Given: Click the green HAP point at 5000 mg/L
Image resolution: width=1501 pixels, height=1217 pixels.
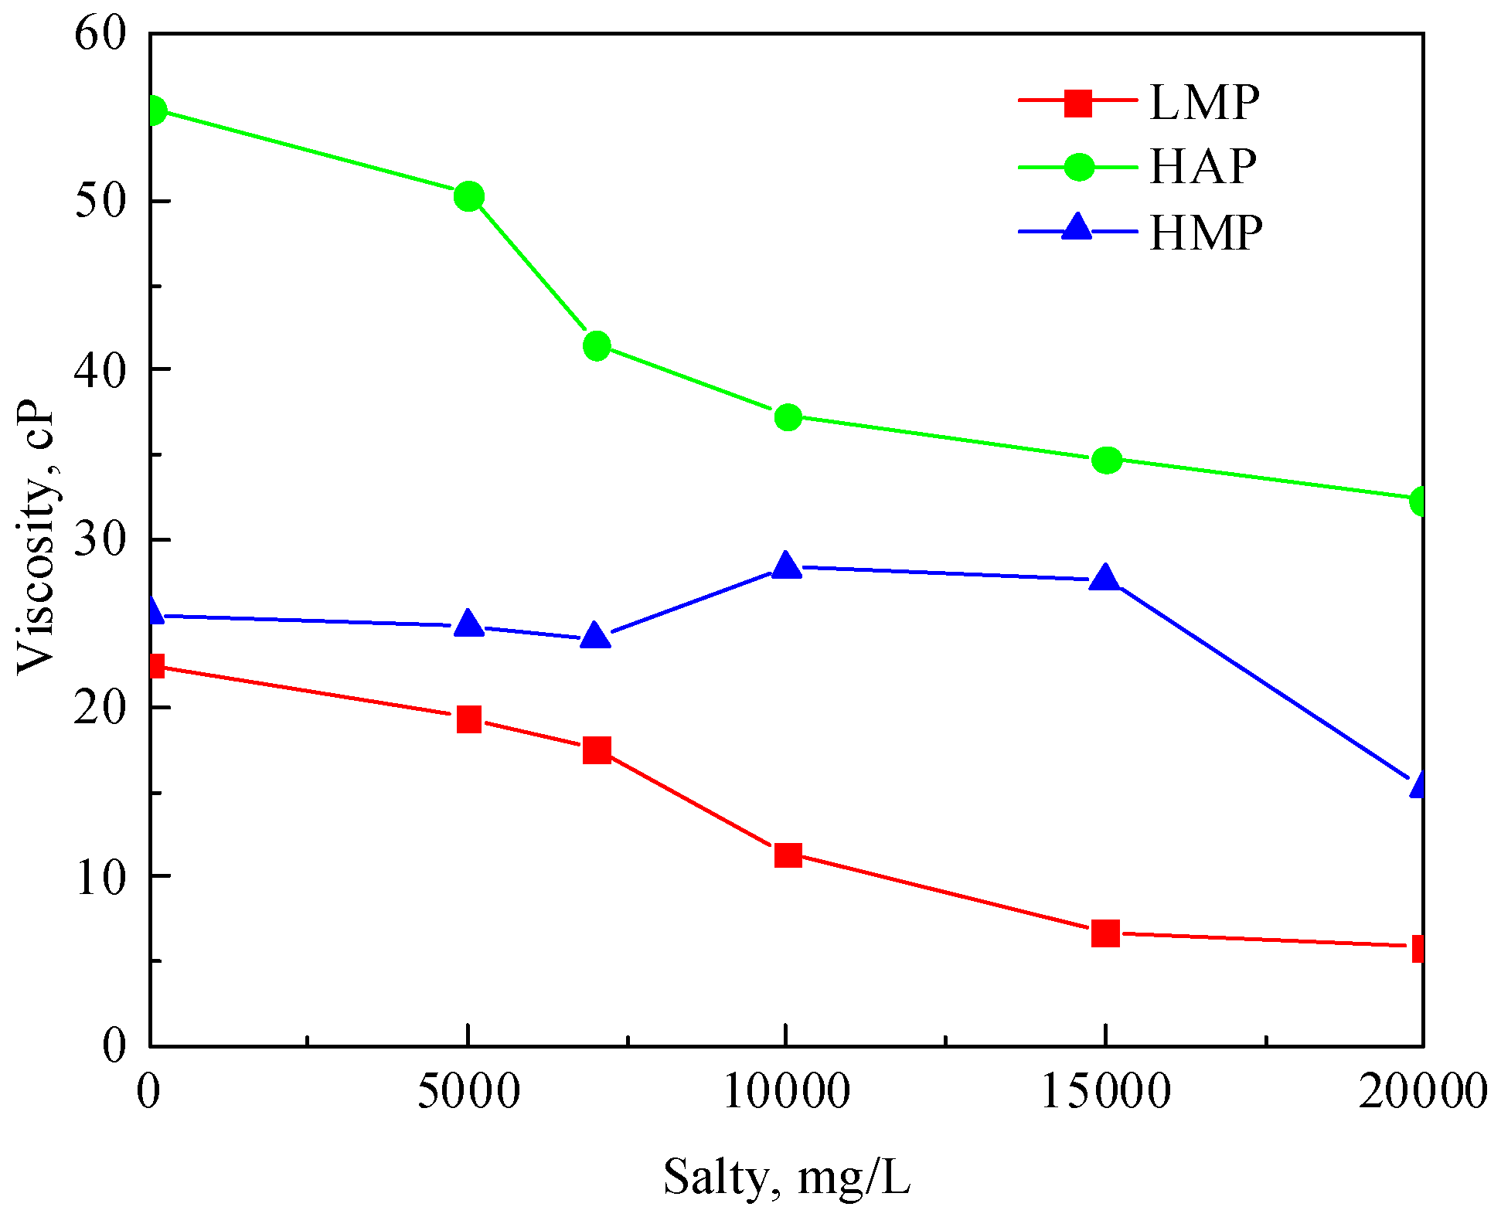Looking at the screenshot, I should click(468, 196).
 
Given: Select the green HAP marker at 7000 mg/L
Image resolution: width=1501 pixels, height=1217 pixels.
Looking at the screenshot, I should click(596, 345).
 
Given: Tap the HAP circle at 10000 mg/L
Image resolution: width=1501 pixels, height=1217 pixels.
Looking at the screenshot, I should click(787, 417).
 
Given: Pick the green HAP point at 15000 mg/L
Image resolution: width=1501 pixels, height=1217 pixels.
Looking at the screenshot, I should click(1106, 461).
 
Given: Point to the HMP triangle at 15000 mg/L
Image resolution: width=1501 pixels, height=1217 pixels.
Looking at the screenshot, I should click(1105, 578).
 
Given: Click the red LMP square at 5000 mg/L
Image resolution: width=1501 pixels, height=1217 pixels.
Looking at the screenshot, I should click(468, 719).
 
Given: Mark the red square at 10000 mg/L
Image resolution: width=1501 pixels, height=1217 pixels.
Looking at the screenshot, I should click(787, 855).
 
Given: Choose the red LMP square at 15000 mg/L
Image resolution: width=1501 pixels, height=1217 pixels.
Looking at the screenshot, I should click(1105, 933).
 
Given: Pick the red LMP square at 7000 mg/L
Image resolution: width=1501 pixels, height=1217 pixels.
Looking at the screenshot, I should click(596, 750).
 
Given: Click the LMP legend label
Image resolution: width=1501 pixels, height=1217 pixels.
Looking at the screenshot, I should click(1204, 102).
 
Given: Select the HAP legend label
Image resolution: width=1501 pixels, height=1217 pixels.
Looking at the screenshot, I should click(1203, 167).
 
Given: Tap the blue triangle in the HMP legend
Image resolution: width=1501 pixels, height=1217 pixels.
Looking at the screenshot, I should click(1077, 229).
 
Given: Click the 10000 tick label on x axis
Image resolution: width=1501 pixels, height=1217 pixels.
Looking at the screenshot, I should click(786, 1093).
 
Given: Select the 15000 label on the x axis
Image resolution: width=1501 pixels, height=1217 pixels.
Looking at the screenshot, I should click(1105, 1093).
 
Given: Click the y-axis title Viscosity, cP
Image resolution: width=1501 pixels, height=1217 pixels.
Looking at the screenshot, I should click(36, 538).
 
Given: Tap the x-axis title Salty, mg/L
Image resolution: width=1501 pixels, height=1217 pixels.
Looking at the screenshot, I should click(786, 1177).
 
